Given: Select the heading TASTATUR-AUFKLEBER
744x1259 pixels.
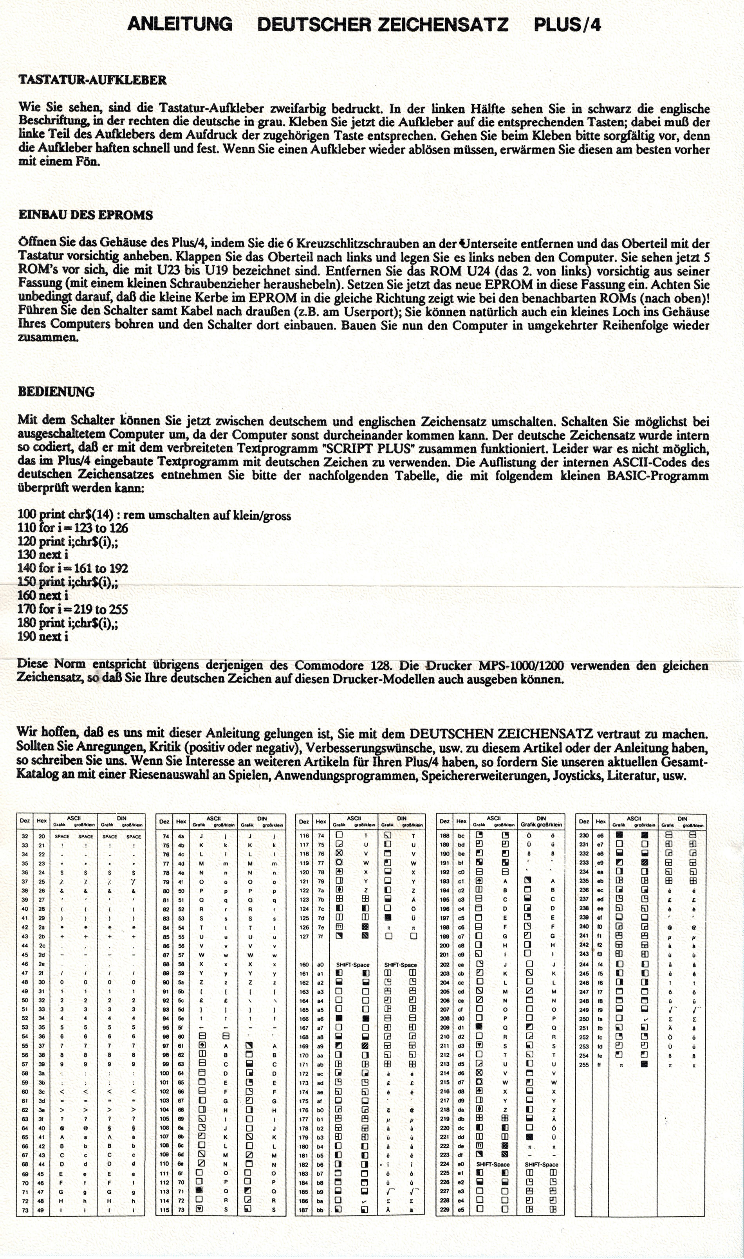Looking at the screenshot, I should point(92,80).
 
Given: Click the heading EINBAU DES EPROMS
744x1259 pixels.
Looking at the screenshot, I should point(85,215).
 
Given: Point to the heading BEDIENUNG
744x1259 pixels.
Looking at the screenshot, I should point(56,392).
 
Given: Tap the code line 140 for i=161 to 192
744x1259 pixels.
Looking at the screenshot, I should point(73,568).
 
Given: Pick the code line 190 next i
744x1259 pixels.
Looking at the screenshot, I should point(43,637).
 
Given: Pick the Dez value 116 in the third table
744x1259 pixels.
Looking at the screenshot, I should point(304,836).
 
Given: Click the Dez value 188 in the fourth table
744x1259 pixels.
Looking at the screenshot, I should point(444,836).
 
